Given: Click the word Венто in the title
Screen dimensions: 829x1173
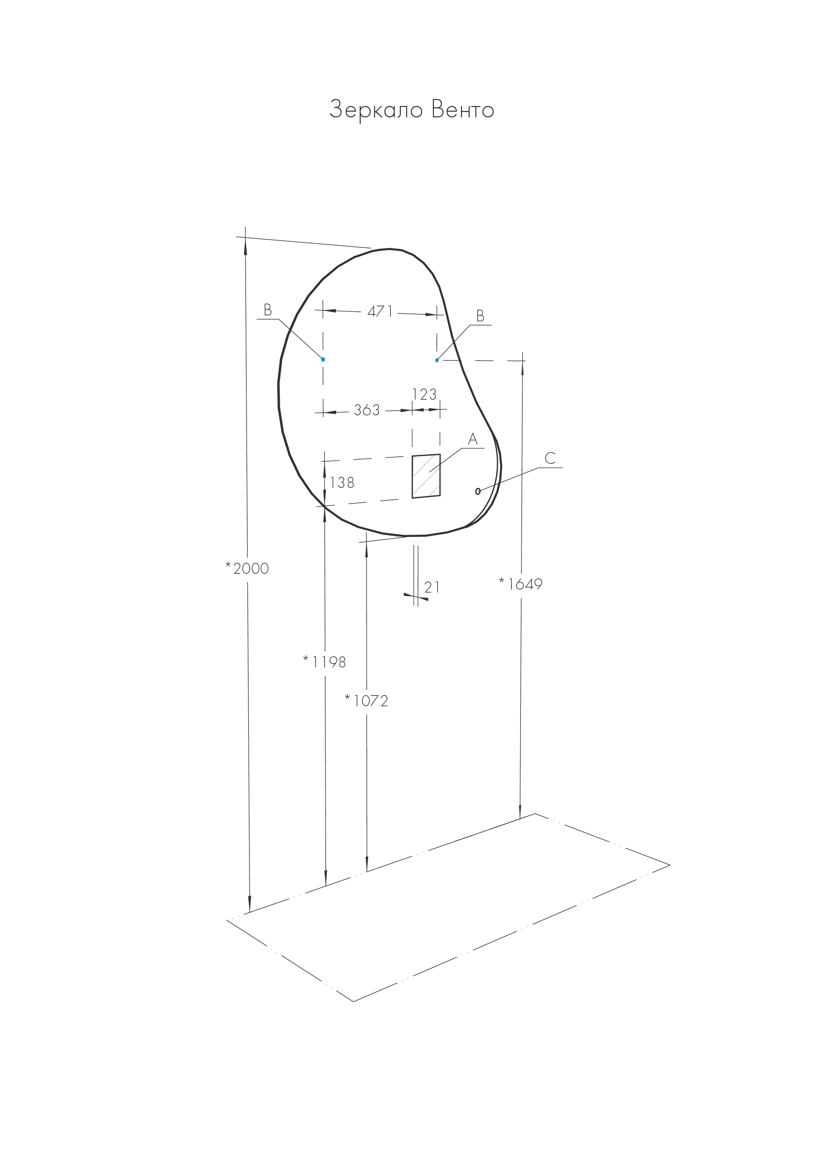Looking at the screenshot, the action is [463, 110].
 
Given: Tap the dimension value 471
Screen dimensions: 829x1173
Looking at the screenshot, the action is [380, 311].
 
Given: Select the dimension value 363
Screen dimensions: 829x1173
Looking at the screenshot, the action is [367, 410].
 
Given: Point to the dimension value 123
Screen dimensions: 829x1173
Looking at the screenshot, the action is [425, 395].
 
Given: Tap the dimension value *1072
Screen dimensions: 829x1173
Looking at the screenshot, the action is [366, 701].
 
